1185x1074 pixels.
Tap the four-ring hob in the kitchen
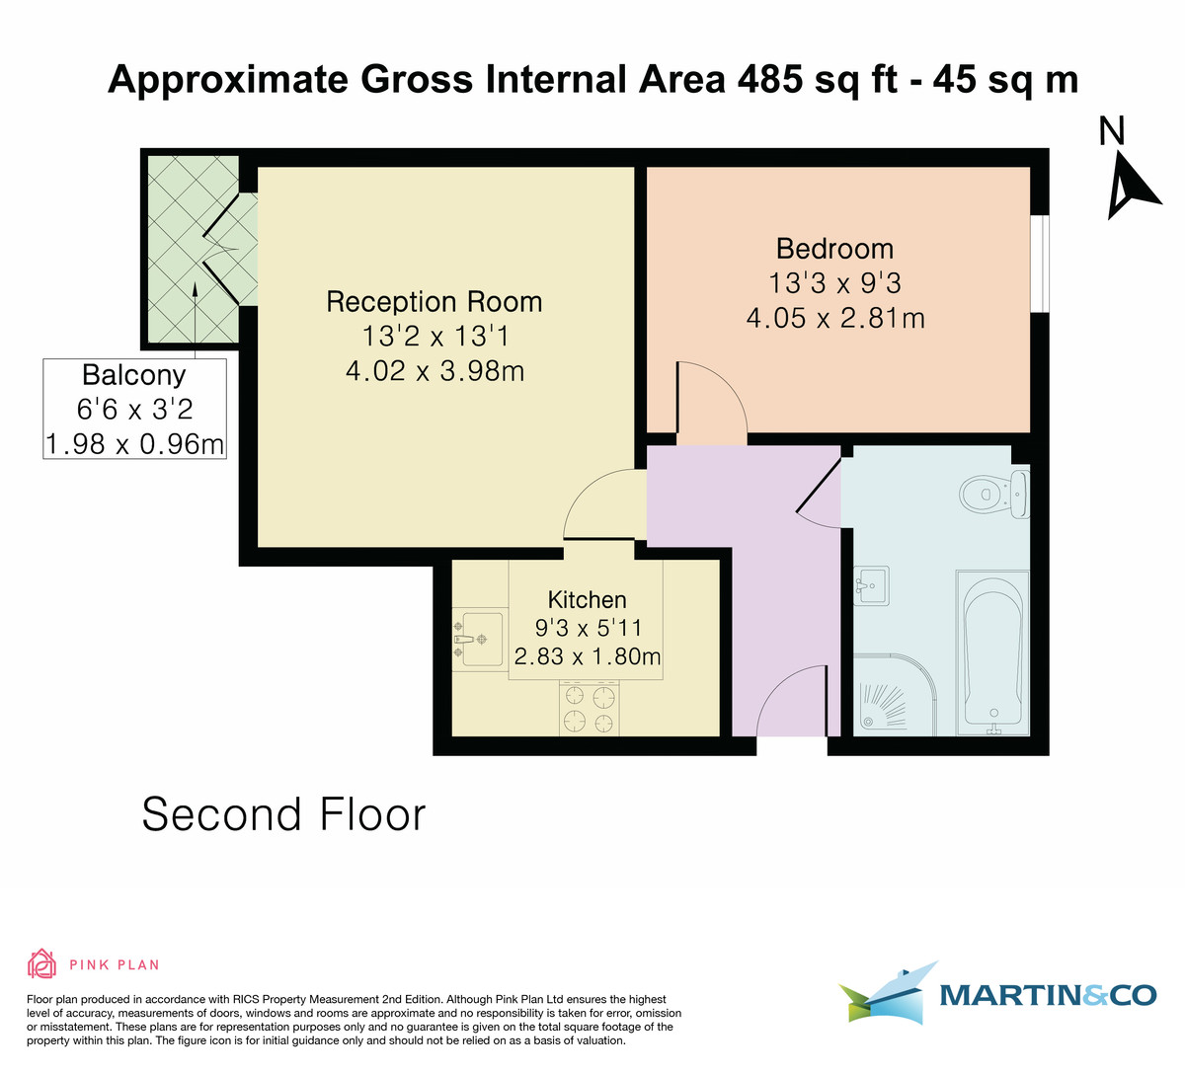click(590, 710)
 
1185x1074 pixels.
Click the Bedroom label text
click(834, 249)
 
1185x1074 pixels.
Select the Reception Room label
click(434, 301)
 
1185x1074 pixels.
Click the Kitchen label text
click(587, 599)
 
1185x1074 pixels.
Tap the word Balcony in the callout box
click(134, 375)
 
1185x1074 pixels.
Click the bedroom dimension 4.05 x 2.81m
click(834, 318)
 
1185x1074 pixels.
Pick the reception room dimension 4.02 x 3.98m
click(434, 371)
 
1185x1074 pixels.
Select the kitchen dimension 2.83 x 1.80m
click(587, 656)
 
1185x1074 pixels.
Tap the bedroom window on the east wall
click(1039, 263)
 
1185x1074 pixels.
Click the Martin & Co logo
click(997, 993)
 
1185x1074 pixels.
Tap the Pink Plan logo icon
click(41, 963)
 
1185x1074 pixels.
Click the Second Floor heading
click(284, 815)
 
